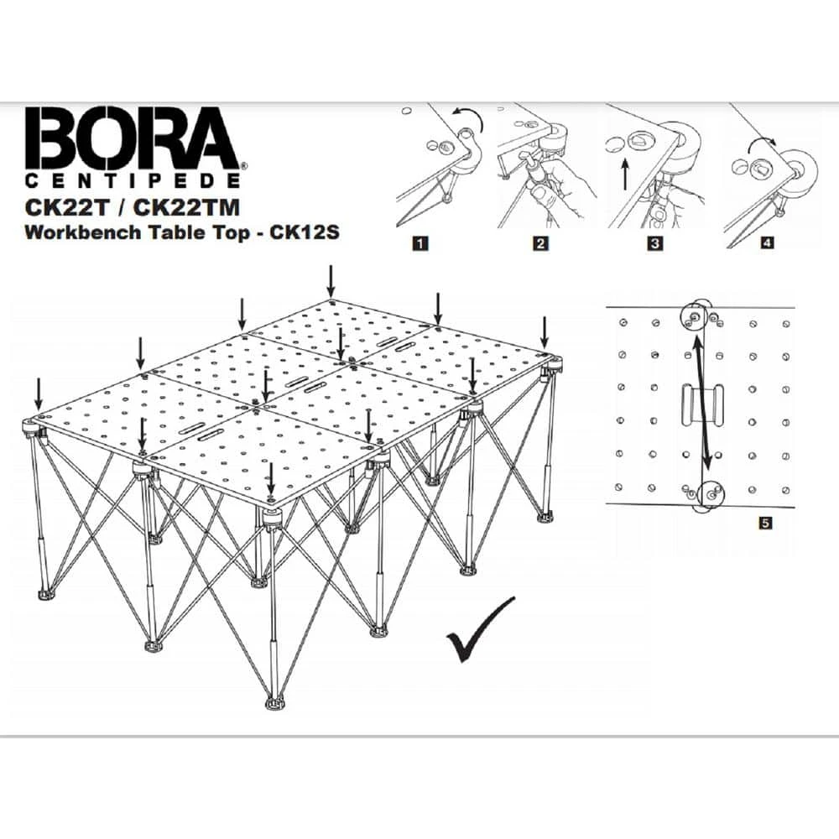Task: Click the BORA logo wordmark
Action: click(x=132, y=138)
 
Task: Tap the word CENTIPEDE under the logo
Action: click(x=134, y=180)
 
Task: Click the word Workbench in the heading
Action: click(x=74, y=232)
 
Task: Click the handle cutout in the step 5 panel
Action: click(x=703, y=407)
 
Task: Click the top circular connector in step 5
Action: click(x=696, y=315)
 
